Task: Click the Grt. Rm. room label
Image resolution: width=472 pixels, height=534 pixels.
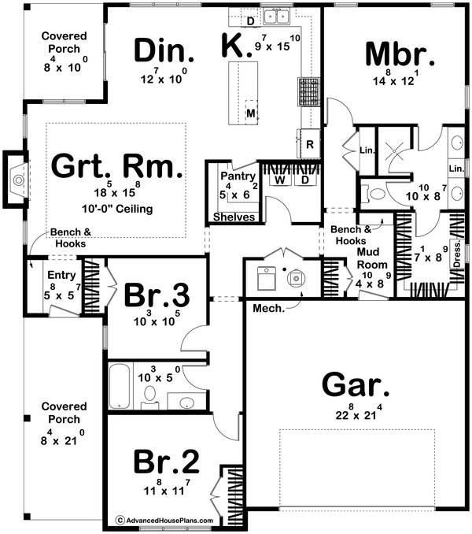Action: click(x=116, y=167)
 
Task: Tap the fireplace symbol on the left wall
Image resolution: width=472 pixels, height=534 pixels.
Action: click(x=17, y=180)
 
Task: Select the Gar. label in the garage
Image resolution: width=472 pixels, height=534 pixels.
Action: click(x=356, y=387)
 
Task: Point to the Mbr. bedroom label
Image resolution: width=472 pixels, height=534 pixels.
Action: click(x=400, y=55)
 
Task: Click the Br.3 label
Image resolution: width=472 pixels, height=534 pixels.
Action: click(x=157, y=295)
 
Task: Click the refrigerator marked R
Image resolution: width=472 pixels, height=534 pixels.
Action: click(x=310, y=144)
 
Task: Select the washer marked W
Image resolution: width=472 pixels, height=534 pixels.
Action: click(x=278, y=180)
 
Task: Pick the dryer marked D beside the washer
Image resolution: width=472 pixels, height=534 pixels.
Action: click(x=303, y=180)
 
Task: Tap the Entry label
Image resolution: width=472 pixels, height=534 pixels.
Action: click(x=60, y=274)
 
